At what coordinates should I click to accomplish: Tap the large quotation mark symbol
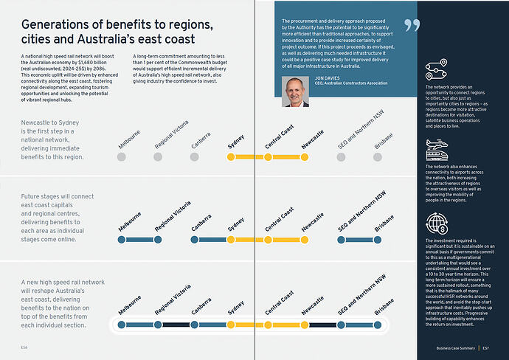[x=412, y=26]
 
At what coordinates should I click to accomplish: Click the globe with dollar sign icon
[x=434, y=223]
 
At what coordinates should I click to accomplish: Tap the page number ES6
[x=24, y=347]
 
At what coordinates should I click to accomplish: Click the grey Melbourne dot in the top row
[x=121, y=157]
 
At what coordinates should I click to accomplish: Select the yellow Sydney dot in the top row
[x=231, y=157]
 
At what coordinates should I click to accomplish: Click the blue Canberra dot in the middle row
[x=195, y=240]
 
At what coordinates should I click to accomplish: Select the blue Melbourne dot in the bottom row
[x=121, y=325]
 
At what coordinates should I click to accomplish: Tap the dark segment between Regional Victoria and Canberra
[x=176, y=325]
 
